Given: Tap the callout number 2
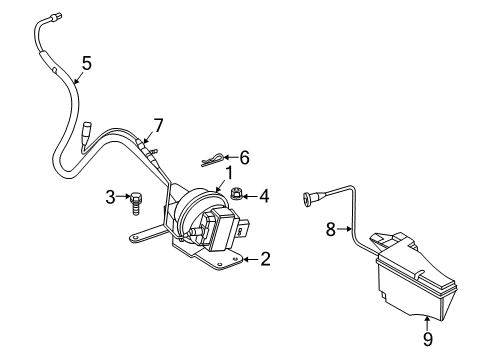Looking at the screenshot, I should pyautogui.click(x=265, y=259).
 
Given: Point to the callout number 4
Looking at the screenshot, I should pyautogui.click(x=264, y=196).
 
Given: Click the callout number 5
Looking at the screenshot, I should pyautogui.click(x=86, y=63).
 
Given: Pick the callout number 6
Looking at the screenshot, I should pyautogui.click(x=243, y=156).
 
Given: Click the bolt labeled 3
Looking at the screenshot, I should pyautogui.click(x=135, y=200).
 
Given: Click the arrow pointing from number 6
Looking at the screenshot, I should pyautogui.click(x=230, y=156).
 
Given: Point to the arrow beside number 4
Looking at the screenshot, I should pyautogui.click(x=251, y=196).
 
